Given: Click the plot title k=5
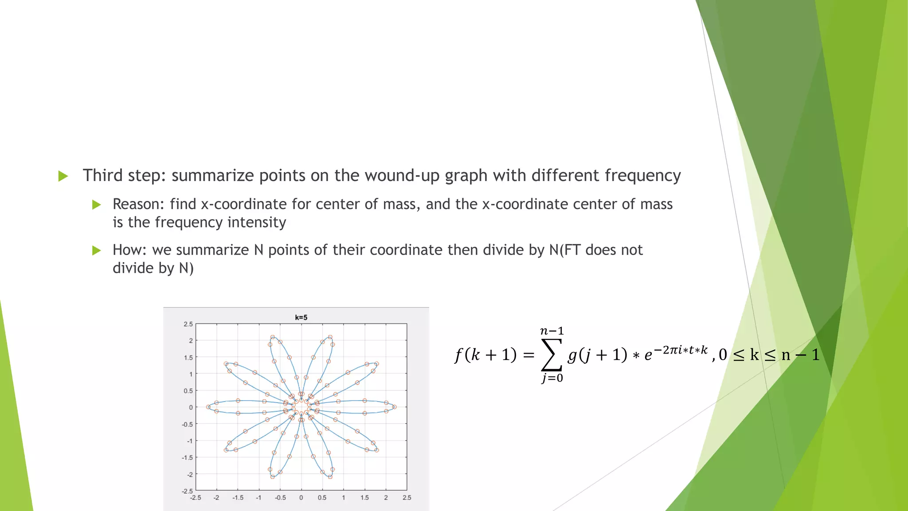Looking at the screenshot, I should click(x=301, y=318).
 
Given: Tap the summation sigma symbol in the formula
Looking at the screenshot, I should click(x=552, y=355).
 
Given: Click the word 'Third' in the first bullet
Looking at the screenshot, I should click(x=102, y=176).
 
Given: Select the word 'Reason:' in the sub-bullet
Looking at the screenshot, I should click(x=138, y=204).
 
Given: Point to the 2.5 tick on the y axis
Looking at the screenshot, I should click(x=188, y=324).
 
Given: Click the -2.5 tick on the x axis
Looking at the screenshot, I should click(x=196, y=498).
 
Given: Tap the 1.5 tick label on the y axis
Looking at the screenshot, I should click(x=188, y=358).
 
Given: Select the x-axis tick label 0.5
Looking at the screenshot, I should click(x=322, y=498).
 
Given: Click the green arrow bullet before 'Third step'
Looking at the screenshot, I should click(x=63, y=176).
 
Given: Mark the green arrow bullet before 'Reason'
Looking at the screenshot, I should click(x=96, y=204).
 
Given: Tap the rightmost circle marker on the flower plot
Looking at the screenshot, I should click(x=394, y=407).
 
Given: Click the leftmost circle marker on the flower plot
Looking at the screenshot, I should click(x=208, y=407).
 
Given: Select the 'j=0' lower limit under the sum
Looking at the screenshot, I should click(x=552, y=378).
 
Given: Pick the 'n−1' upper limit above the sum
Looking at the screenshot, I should click(x=552, y=331).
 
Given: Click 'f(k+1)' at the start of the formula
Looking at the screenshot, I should click(x=485, y=355).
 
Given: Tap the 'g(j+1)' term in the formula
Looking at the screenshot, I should click(x=597, y=355).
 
